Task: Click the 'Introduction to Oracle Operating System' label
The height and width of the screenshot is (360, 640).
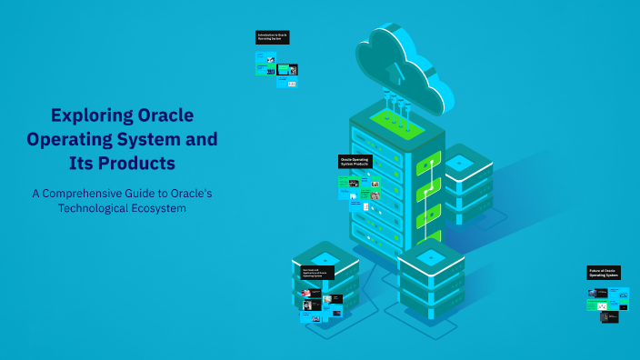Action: tap(273, 37)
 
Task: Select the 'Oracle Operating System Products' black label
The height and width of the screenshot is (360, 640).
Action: tap(355, 161)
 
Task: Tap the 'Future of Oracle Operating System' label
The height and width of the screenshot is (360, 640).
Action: tap(605, 272)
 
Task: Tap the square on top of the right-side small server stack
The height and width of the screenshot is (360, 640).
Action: tap(460, 161)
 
